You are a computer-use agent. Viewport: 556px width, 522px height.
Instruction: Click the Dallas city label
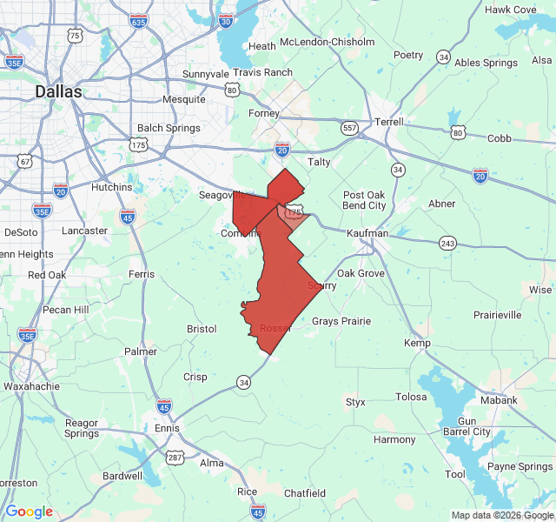[58, 90]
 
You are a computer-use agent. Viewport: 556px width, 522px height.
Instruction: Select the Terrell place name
[388, 122]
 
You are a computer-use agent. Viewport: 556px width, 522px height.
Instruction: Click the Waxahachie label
[31, 385]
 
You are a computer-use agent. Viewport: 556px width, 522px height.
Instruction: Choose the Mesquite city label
[184, 99]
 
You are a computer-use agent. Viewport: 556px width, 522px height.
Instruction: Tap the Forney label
[264, 113]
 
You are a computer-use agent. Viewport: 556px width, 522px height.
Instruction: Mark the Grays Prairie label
[341, 321]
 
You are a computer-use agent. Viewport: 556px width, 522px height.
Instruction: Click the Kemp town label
[417, 343]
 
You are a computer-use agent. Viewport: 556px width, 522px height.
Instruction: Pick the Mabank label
[499, 400]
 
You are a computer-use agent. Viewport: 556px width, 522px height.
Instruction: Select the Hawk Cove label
[510, 10]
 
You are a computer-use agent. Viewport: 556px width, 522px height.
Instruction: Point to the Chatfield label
[304, 493]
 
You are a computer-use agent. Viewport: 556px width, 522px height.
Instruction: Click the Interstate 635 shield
[139, 21]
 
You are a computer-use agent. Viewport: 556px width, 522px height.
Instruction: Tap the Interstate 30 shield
[227, 20]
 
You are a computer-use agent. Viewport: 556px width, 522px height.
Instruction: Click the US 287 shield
[175, 457]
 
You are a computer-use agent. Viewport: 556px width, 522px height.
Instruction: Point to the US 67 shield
[24, 161]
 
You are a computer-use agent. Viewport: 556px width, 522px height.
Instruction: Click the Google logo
[30, 512]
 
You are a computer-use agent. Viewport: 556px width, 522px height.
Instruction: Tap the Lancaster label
[85, 231]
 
